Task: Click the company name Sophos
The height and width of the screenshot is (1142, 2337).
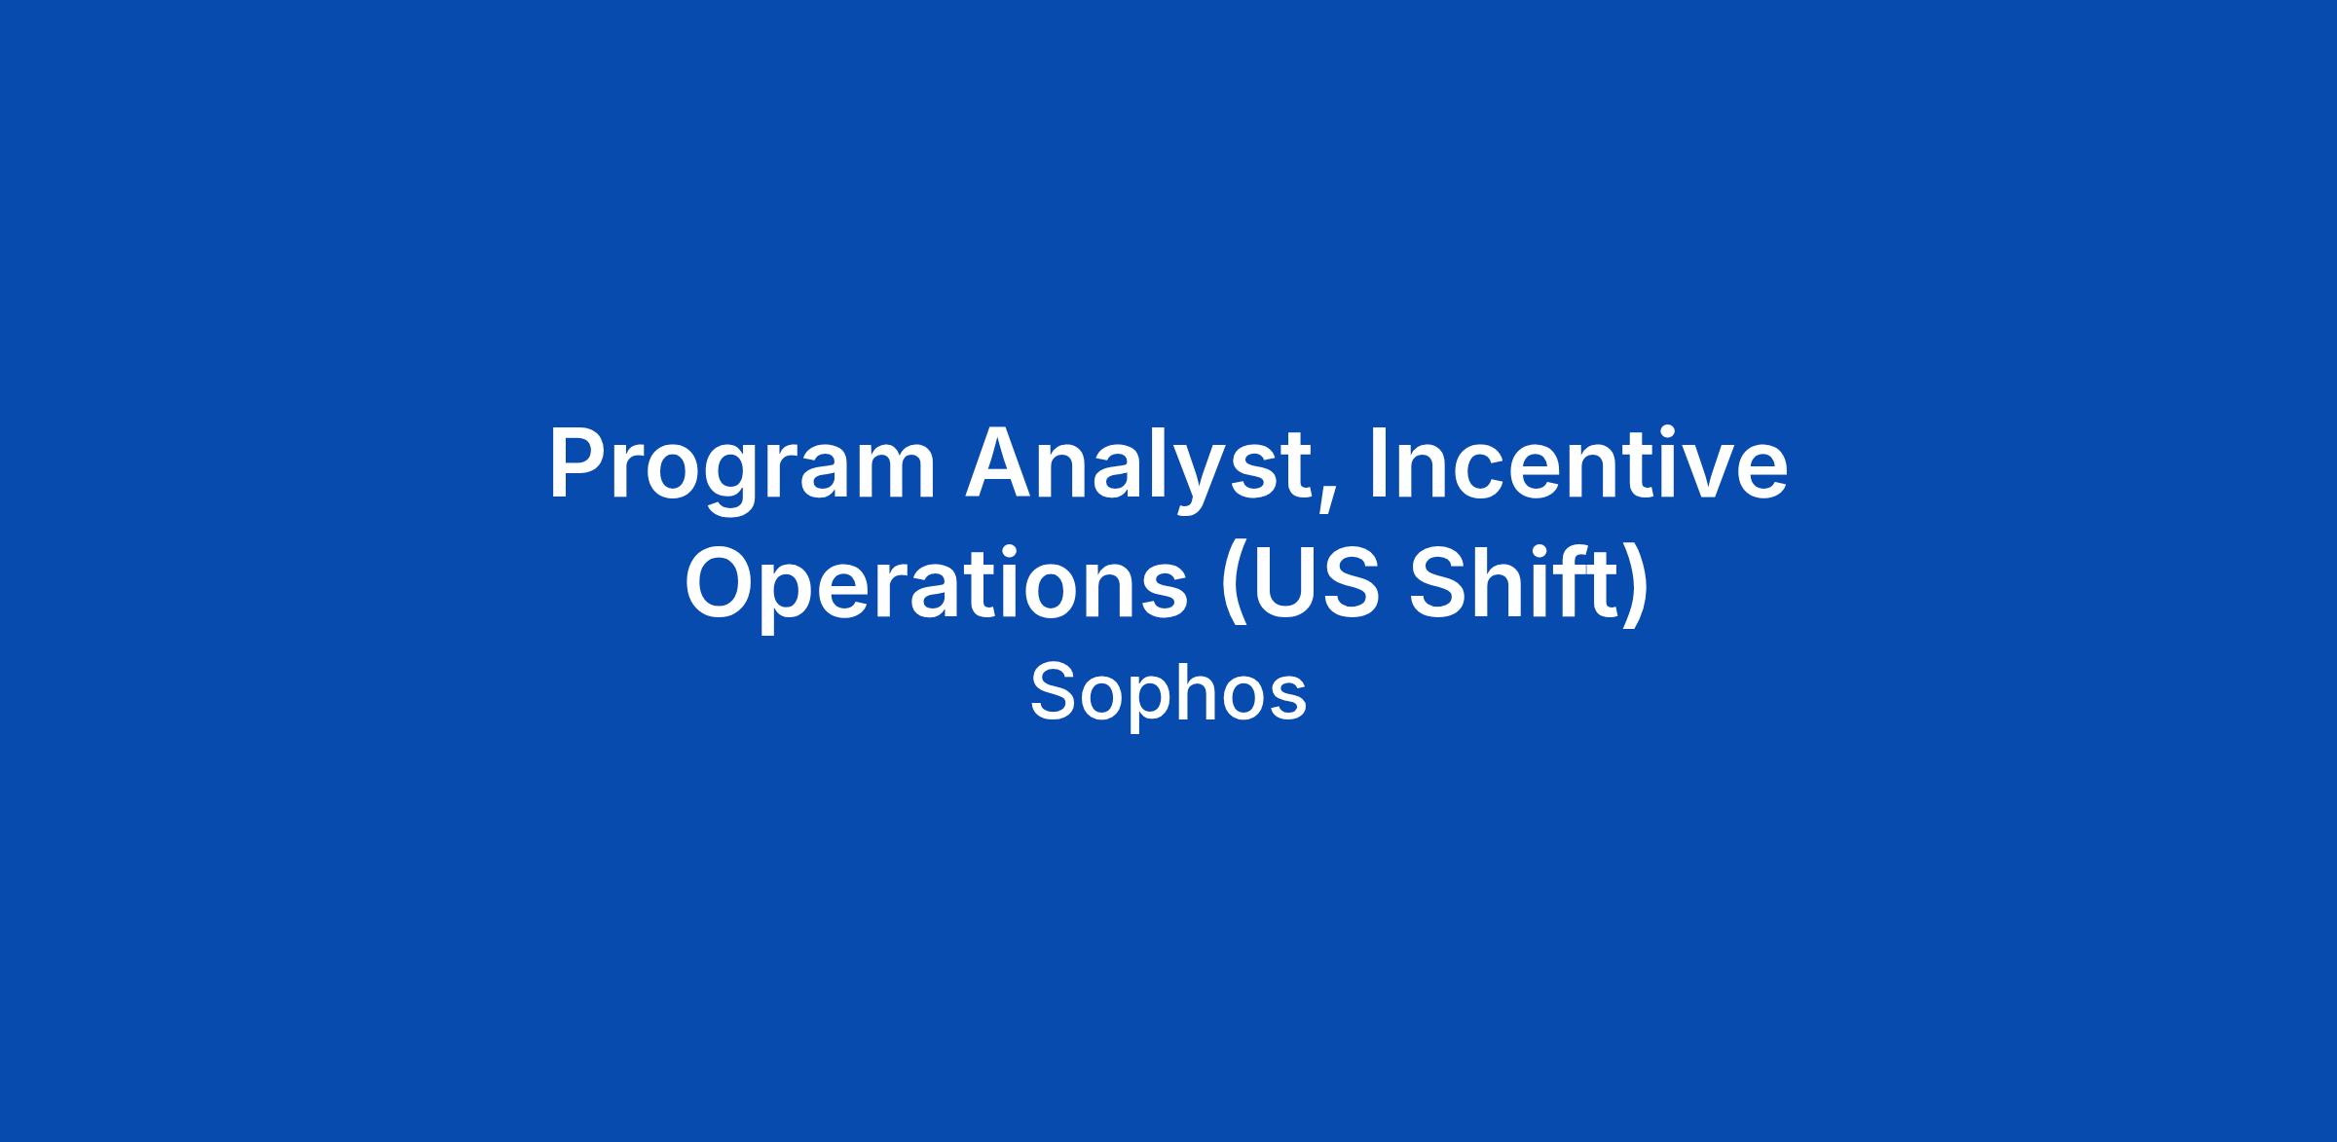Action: pos(1168,693)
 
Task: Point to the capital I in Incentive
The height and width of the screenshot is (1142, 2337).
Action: pos(1377,463)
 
